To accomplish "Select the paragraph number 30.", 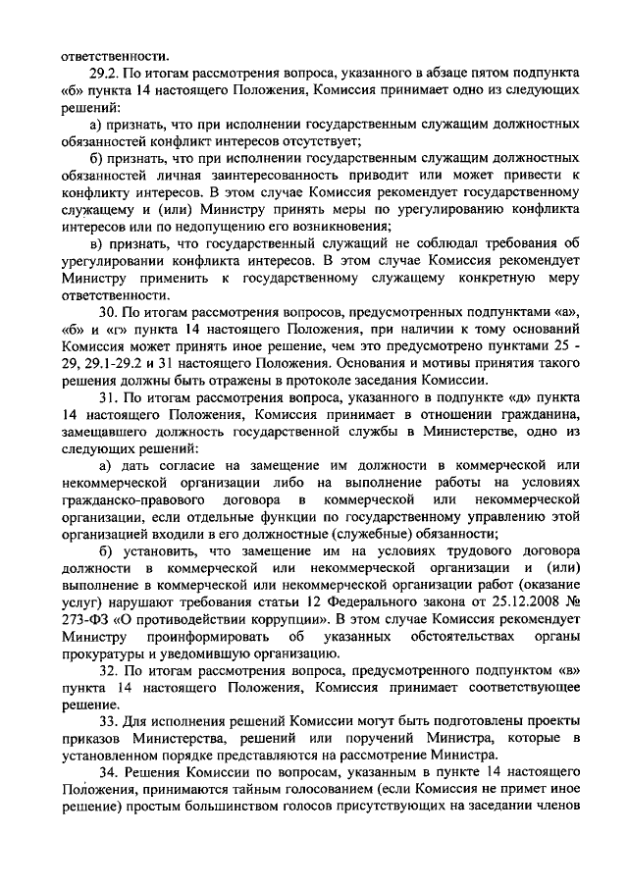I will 109,311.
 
